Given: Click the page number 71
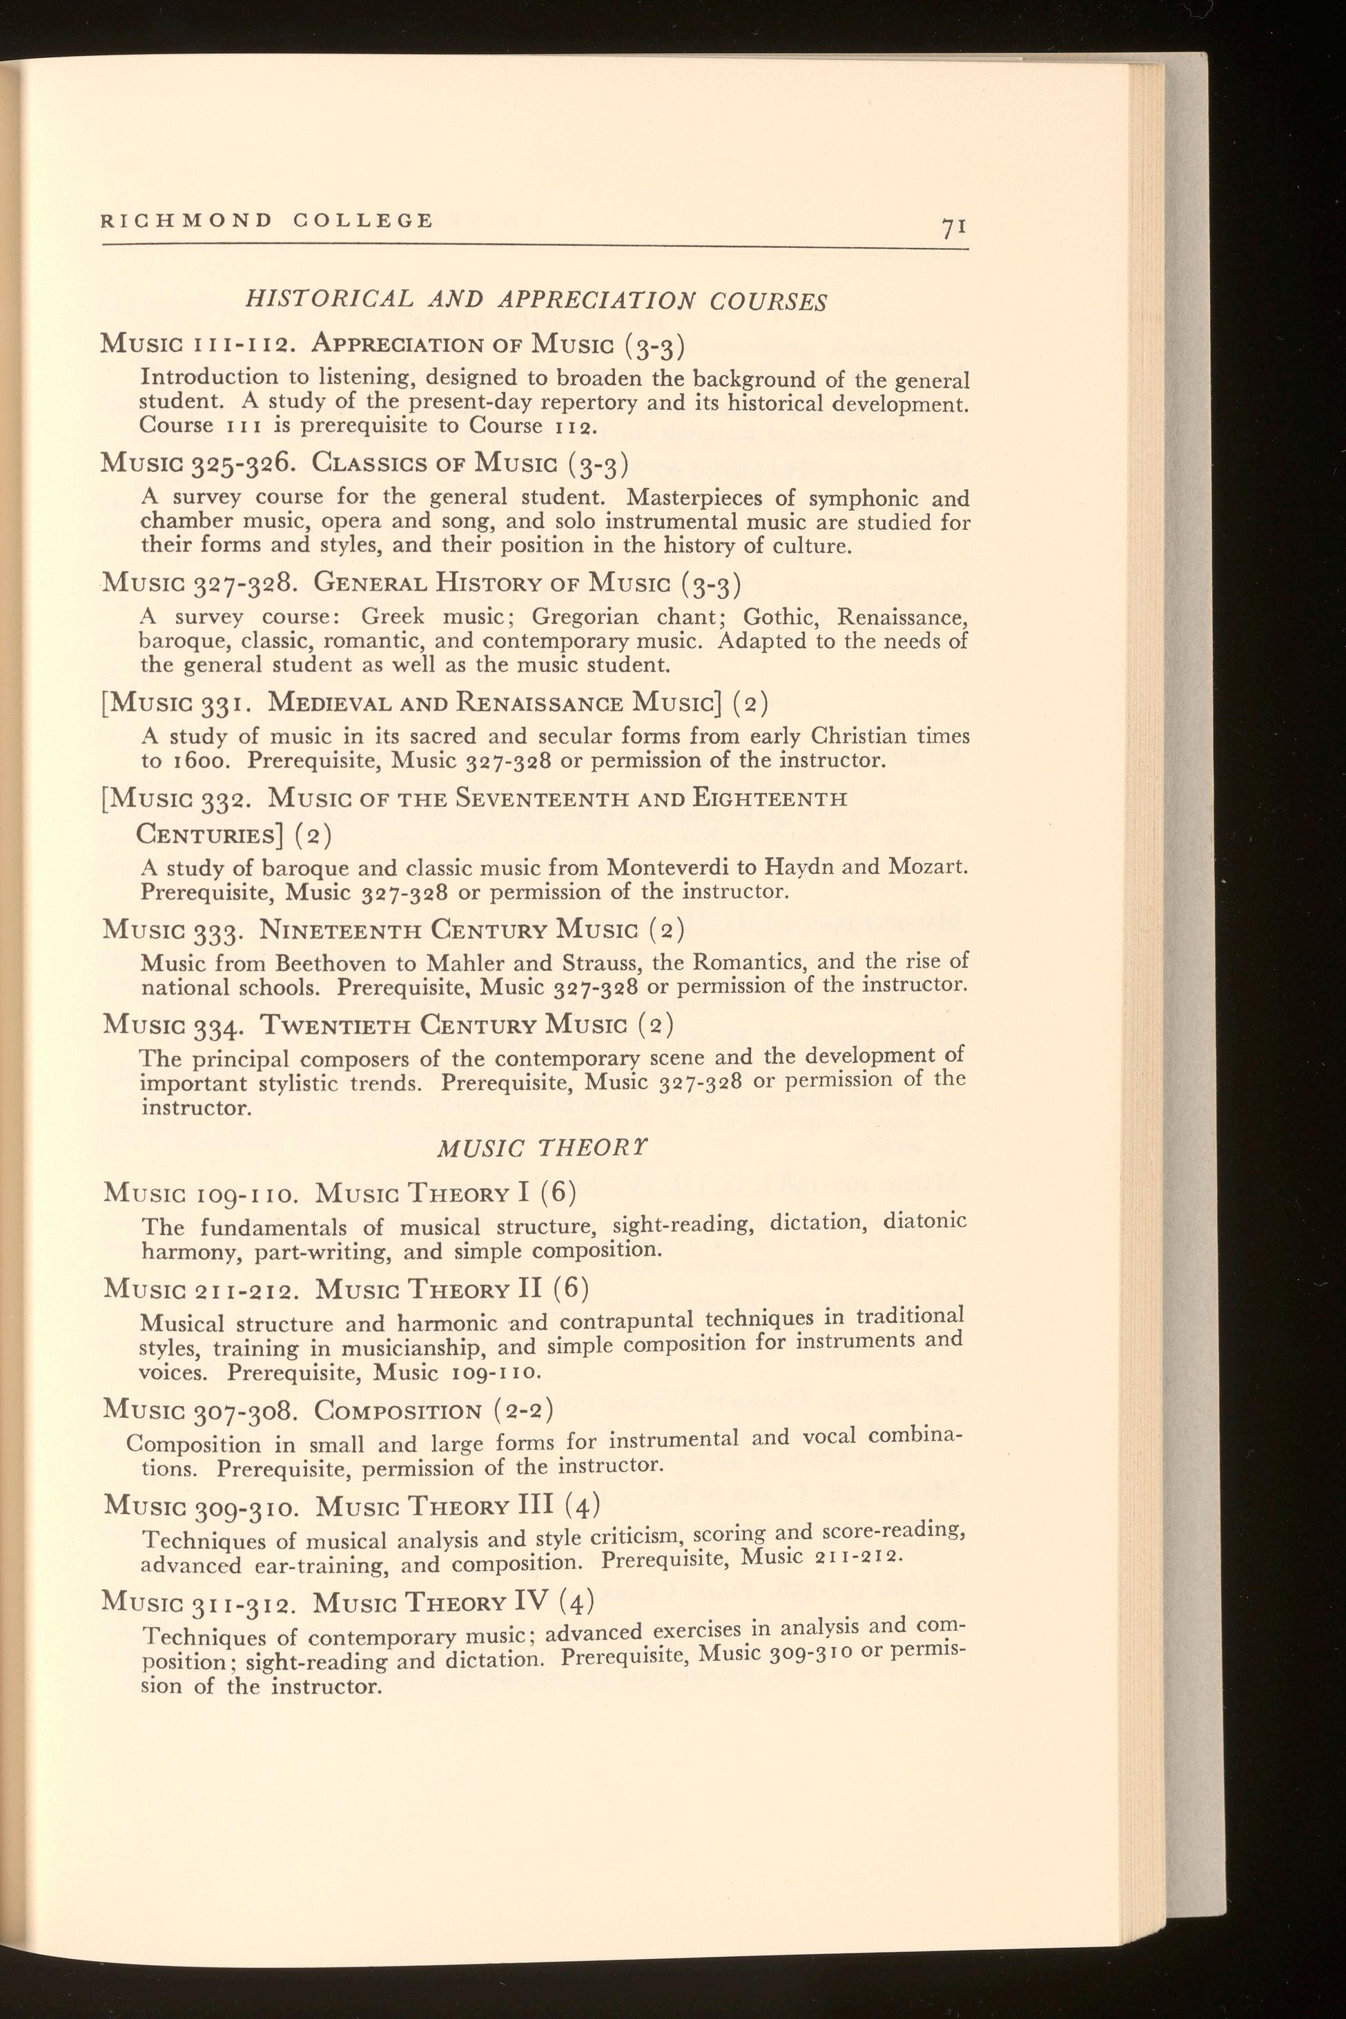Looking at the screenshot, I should pyautogui.click(x=954, y=228).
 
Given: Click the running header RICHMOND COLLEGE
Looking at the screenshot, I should pyautogui.click(x=267, y=221).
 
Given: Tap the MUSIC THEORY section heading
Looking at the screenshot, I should pyautogui.click(x=543, y=1148).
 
